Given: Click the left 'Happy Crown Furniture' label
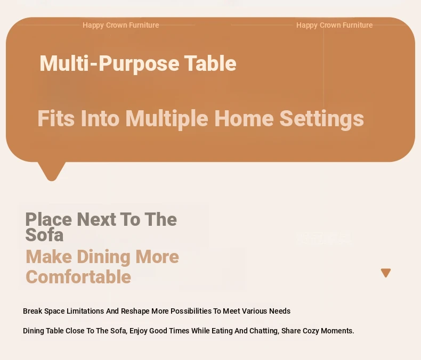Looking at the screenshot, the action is pos(121,25).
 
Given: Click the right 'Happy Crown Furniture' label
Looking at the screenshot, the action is pos(334,25).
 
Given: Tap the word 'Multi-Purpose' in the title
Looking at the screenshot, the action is pos(109,63).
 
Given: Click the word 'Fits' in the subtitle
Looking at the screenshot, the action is pos(56,118).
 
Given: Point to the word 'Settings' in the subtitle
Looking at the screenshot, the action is pos(322,119).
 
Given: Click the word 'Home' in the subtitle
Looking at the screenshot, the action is pos(244,118).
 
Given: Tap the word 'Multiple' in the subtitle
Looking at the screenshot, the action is pos(167,119).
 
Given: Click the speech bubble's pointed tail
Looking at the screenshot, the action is pos(52,171).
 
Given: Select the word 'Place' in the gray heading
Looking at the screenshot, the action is pos(48,219).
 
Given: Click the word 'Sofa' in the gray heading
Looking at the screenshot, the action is pos(44,235).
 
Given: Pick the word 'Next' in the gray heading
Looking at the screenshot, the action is pos(96,219).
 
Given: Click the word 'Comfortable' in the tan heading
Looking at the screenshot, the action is pos(78,277).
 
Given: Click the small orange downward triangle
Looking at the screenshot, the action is pos(386,273).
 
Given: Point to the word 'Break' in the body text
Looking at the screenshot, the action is pos(33,311).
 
